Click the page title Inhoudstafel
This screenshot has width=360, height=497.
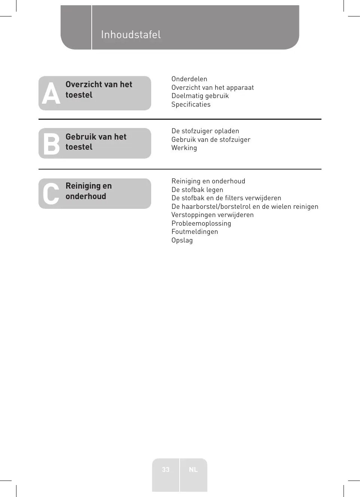131,35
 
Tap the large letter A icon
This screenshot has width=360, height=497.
51,93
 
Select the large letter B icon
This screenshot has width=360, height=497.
51,144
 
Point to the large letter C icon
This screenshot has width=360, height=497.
51,194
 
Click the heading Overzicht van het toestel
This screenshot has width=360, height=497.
99,90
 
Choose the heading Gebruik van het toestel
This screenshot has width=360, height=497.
96,142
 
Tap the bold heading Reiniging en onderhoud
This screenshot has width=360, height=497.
89,191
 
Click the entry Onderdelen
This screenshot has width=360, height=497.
189,79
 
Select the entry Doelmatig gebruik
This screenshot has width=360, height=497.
200,96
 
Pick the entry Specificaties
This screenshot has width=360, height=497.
191,104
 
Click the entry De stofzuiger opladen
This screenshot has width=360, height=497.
205,131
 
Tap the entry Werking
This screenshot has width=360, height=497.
184,148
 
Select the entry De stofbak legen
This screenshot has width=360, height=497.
197,190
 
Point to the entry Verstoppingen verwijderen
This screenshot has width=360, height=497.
213,215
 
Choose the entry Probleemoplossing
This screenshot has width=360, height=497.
201,223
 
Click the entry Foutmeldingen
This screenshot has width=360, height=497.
195,232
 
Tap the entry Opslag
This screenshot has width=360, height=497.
182,240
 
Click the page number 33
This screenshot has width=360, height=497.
166,470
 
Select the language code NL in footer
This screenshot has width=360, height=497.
193,470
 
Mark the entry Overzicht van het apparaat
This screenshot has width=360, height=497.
213,88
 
